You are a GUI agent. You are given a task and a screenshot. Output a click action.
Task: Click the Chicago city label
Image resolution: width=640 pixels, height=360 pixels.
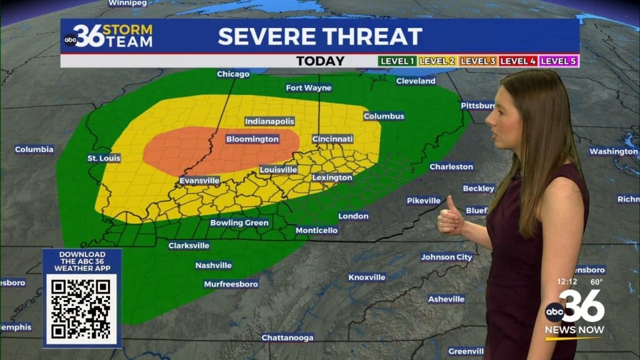coord(233,74)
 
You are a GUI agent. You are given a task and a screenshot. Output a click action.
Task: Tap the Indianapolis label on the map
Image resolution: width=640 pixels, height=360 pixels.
coord(269,121)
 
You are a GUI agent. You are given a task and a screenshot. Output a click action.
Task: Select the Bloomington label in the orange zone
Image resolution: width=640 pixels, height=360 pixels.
coord(252,139)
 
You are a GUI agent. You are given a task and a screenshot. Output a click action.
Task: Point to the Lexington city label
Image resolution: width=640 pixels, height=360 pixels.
coord(332,177)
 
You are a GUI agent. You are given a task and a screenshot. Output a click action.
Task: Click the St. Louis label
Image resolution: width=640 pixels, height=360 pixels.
coord(104,159)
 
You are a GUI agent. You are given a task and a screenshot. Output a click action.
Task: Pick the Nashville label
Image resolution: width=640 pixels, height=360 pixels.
coord(213,266)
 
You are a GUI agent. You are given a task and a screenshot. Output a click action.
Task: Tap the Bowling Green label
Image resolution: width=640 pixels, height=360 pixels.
coord(239,223)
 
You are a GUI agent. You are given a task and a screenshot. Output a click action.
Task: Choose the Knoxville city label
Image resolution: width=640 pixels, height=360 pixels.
coord(367,277)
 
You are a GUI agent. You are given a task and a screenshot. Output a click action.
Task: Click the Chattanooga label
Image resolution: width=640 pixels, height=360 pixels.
coord(287,338)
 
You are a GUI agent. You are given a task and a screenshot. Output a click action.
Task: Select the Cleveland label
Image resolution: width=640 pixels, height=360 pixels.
coord(416,81)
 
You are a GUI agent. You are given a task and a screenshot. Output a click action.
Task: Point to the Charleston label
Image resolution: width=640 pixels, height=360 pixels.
coord(451,167)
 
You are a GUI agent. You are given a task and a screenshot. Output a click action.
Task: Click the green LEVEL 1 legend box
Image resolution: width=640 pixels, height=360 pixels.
coord(397,61)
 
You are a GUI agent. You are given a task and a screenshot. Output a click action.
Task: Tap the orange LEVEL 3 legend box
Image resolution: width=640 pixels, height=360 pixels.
coord(478,61)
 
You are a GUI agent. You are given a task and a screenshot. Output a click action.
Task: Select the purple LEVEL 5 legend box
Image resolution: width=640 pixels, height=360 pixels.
coord(559,61)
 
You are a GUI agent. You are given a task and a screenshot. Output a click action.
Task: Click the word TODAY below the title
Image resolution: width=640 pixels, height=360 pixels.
coord(320,61)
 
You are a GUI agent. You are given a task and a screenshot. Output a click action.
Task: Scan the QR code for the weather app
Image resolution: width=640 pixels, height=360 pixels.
coord(81,308)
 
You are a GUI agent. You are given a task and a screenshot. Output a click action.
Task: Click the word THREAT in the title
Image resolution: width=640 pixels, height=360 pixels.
coord(372,36)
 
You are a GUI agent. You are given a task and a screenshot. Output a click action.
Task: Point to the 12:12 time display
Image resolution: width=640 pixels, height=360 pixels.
coord(568,282)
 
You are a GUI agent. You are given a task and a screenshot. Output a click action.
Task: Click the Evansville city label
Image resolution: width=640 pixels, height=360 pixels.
coord(199,181)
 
